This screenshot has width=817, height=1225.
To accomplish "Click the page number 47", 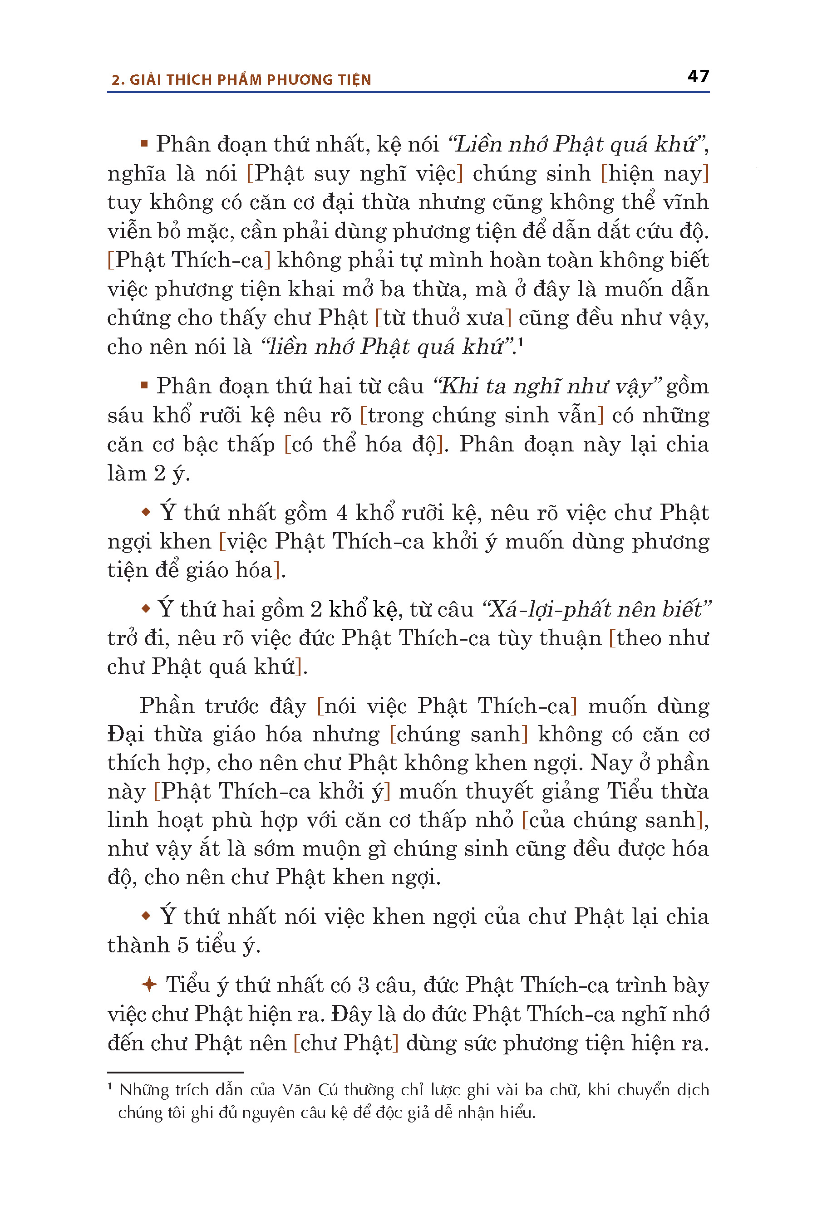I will pos(698,76).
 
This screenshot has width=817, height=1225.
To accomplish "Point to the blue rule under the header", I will pos(408,92).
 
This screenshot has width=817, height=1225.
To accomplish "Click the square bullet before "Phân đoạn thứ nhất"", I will pos(144,143).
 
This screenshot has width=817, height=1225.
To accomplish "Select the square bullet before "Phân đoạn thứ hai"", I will pos(144,385).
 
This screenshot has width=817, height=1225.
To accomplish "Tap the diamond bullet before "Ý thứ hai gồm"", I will pos(146,608).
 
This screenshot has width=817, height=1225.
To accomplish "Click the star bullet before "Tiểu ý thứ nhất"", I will pos(149,985).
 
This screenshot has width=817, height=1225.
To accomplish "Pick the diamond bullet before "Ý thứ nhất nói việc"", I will pos(146,916).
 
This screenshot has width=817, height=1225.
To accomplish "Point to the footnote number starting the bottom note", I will pos(110,1088).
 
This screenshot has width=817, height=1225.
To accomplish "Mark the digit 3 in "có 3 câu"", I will pos(363,985).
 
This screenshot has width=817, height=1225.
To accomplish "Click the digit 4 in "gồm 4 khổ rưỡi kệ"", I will pos(342,513).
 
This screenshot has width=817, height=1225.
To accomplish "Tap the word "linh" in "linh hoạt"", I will pos(124,820).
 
